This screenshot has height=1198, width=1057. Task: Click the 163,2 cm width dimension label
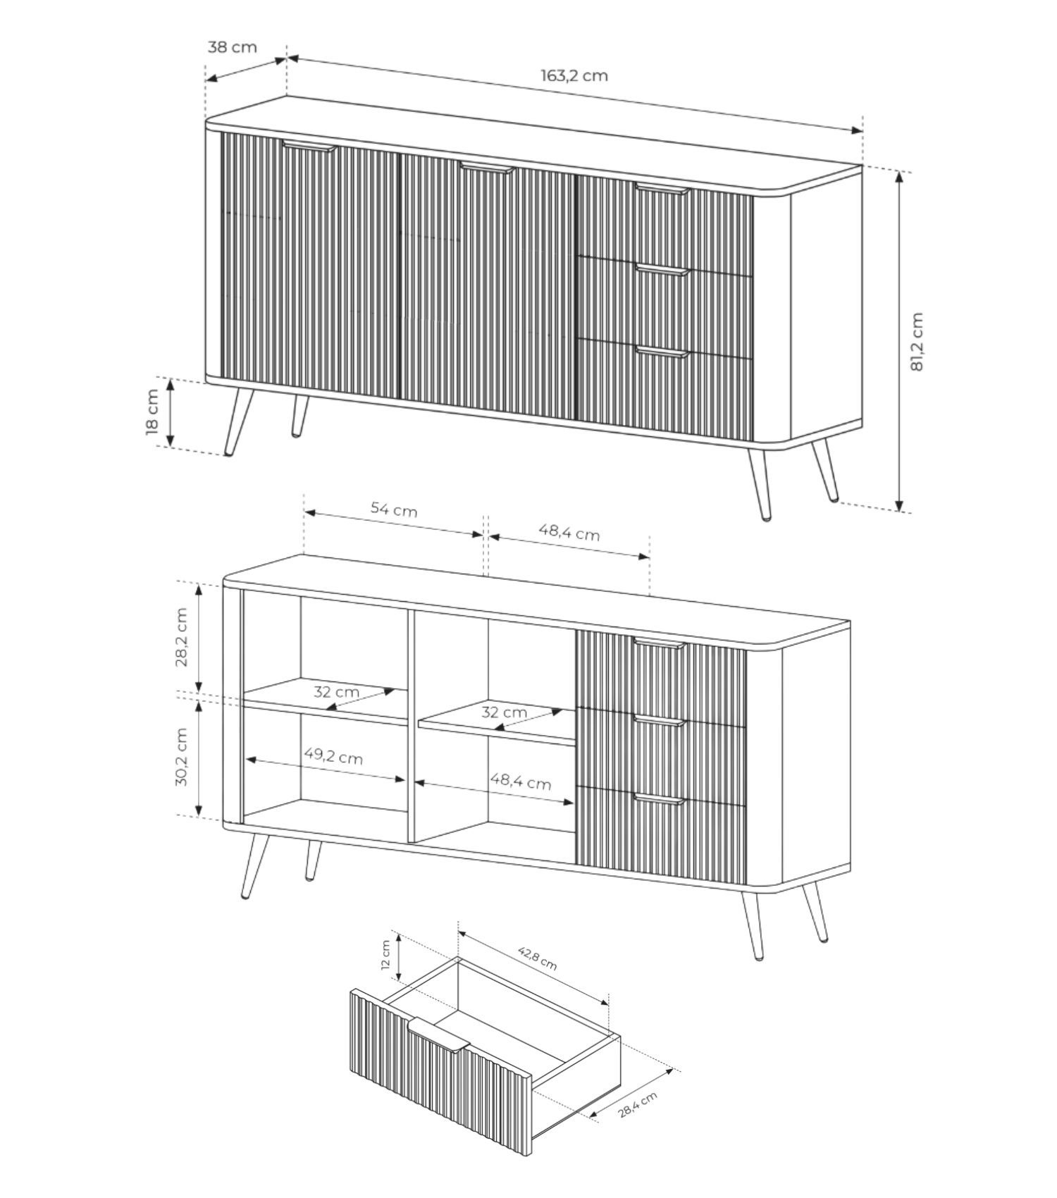click(574, 75)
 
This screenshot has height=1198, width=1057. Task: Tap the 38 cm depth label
click(233, 47)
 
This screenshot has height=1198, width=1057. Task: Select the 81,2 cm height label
click(916, 342)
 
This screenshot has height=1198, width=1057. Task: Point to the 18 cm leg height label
click(153, 412)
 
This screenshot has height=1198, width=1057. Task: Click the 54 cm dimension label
click(394, 509)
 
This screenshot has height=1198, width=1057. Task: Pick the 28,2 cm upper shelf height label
click(183, 637)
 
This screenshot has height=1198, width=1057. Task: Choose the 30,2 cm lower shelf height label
click(183, 757)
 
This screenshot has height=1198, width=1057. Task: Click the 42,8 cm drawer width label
click(538, 958)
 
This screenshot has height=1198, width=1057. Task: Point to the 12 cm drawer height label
click(385, 956)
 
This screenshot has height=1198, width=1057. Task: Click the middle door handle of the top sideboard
click(487, 167)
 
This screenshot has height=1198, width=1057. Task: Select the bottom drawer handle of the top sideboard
click(662, 352)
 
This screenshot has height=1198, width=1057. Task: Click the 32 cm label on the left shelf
click(336, 692)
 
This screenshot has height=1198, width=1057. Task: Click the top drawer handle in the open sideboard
click(660, 643)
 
